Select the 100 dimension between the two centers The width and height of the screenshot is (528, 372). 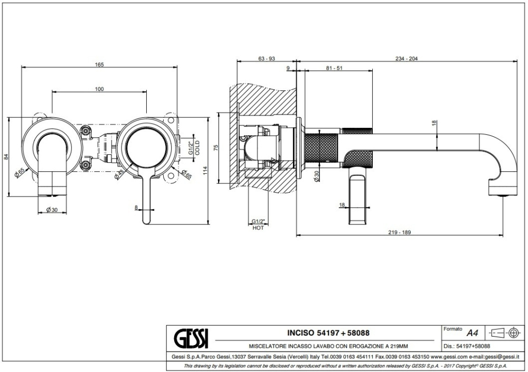[99, 89]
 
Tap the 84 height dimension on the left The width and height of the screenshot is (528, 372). [6, 157]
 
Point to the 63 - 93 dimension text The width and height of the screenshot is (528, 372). [267, 59]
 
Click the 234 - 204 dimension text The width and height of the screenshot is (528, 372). [407, 59]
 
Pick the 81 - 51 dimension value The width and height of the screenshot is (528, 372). [335, 69]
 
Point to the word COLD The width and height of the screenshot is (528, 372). [197, 147]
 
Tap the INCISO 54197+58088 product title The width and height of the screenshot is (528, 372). [328, 333]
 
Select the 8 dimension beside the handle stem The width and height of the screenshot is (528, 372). [136, 207]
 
